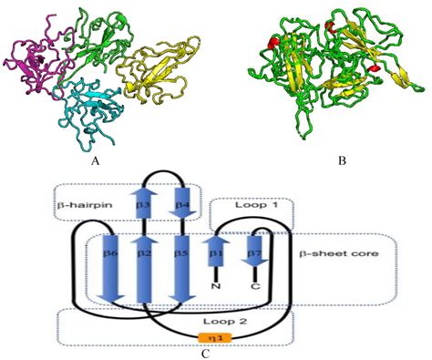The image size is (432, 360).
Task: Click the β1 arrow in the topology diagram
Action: tap(217, 251)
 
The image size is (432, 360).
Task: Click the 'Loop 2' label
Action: tap(216, 322)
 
